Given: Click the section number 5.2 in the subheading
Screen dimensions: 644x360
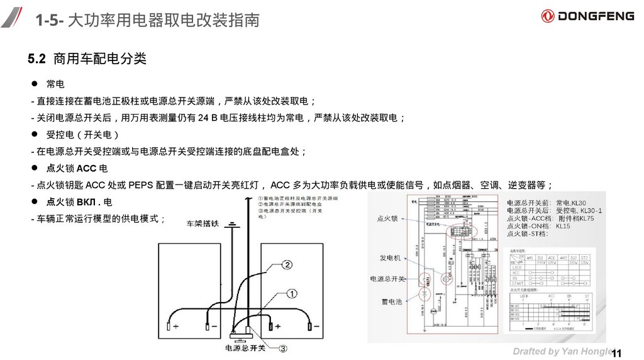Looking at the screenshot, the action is click(x=37, y=59).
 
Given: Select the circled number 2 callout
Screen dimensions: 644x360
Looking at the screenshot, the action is click(x=287, y=265).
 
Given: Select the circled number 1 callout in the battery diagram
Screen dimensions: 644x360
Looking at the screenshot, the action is click(x=292, y=293).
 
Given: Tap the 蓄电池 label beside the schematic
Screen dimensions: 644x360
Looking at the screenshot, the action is click(x=391, y=302).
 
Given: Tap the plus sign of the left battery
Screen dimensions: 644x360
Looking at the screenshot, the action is click(x=176, y=327).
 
